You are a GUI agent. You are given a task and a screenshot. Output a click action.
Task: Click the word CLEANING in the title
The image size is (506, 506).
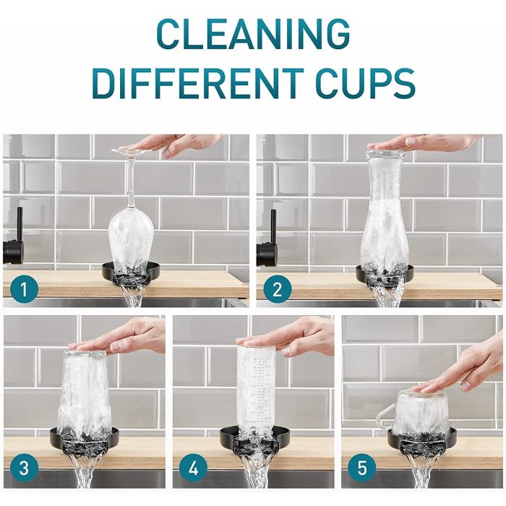pos(253,34)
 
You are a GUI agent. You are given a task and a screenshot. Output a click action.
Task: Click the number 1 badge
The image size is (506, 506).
pos(23,290)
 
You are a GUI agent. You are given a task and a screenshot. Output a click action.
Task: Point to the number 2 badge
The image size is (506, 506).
pos(275,290)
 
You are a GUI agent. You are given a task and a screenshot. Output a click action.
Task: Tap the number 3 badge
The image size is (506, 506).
pos(23,468)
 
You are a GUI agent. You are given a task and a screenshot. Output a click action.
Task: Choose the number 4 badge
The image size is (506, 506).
pos(192,468)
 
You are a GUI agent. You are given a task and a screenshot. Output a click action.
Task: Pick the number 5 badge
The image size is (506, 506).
pos(361,468)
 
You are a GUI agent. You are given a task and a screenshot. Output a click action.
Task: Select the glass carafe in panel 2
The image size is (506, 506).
pos(385,217)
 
